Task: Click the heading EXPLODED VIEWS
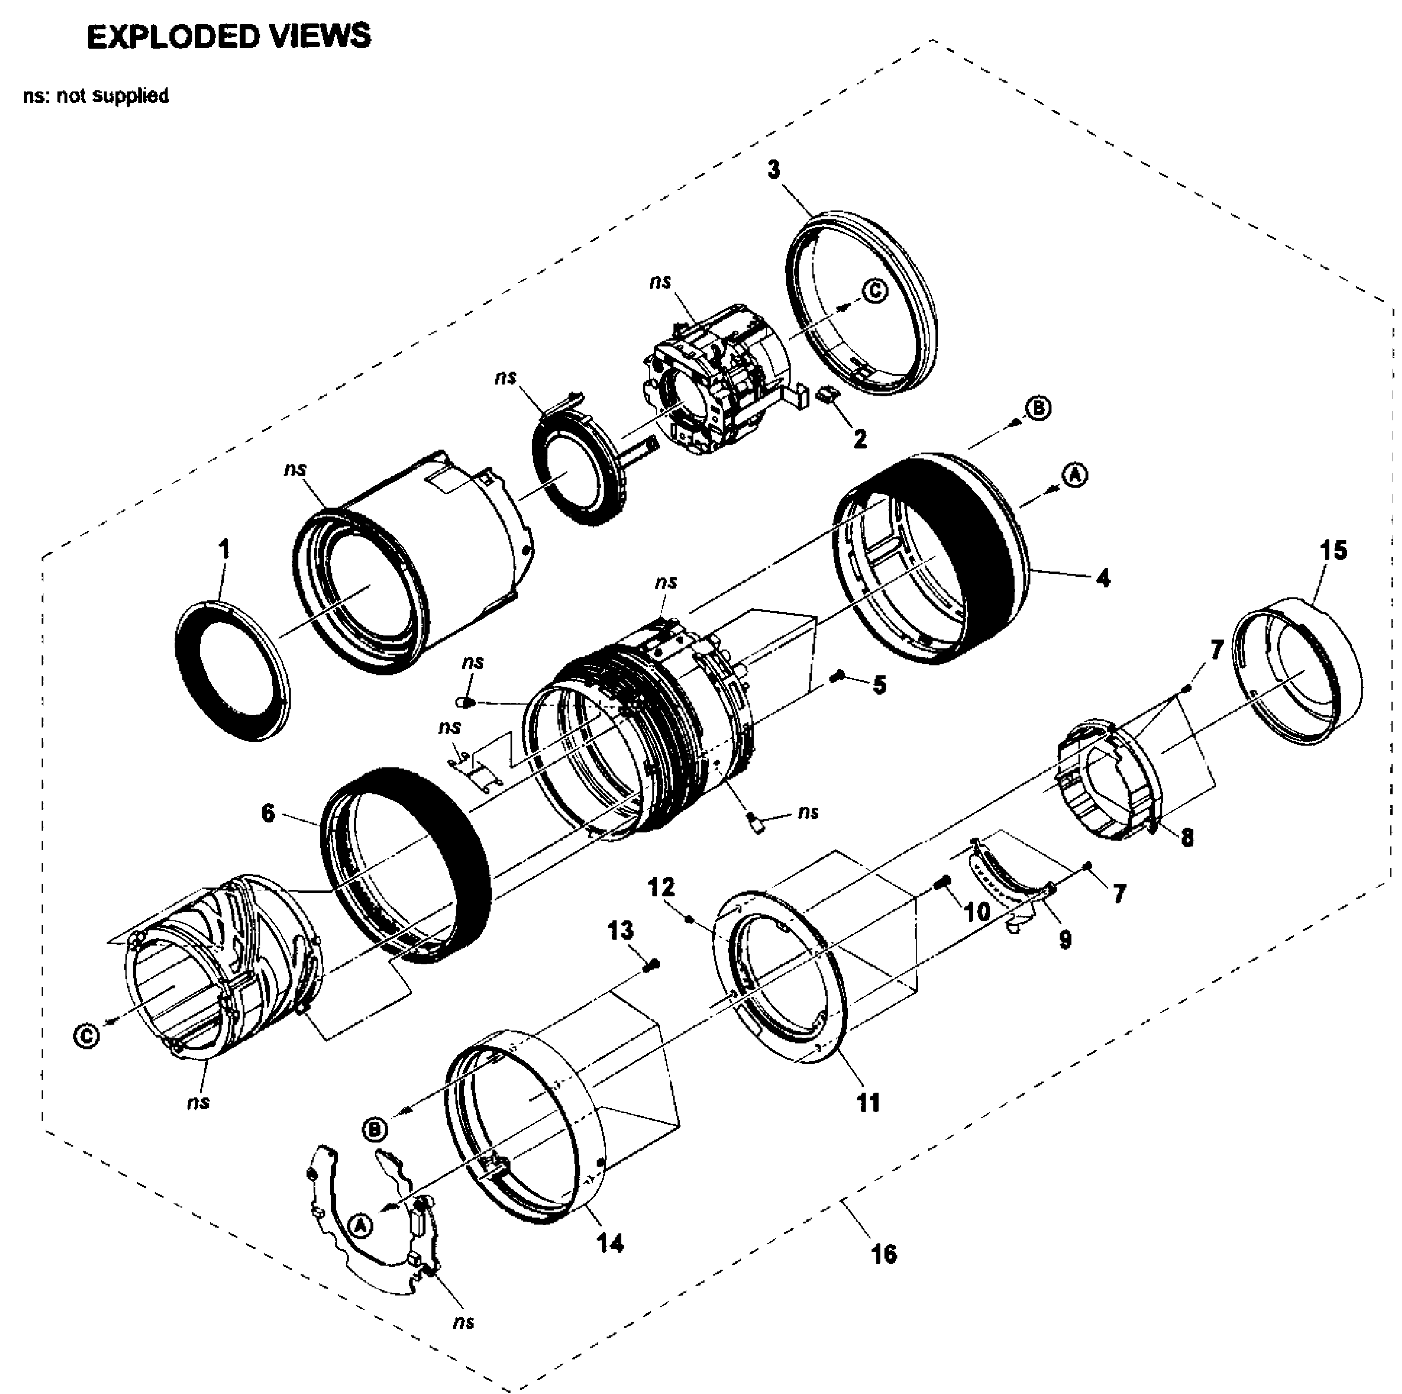tap(229, 36)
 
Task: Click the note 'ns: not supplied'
tap(96, 96)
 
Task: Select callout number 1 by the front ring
tap(224, 549)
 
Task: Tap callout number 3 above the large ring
tap(774, 169)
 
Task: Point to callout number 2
tap(860, 438)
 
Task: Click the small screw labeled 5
tap(838, 676)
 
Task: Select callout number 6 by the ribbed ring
tap(268, 812)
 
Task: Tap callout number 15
tap(1333, 550)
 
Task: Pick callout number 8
tap(1187, 838)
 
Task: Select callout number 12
tap(661, 887)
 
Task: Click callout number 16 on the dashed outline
tap(883, 1253)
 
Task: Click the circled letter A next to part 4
tap(1075, 475)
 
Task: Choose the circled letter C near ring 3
tap(875, 291)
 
